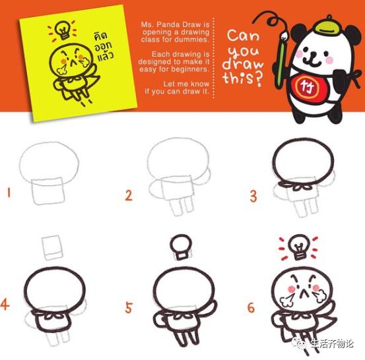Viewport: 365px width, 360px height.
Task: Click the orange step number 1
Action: [x=8, y=193]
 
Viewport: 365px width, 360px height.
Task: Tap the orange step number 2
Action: [x=129, y=195]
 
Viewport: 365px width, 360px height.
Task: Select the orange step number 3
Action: [x=253, y=195]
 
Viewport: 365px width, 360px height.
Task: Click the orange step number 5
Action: [x=129, y=307]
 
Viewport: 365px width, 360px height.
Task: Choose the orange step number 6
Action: [x=251, y=307]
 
